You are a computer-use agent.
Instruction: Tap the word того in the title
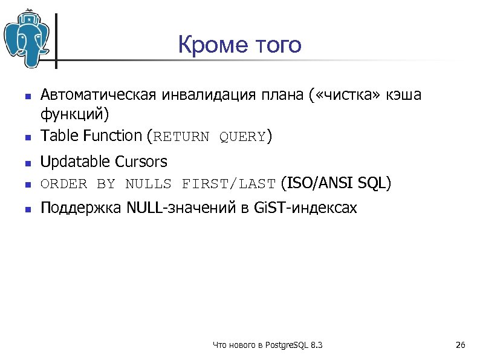point(274,45)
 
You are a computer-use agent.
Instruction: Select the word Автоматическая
point(96,95)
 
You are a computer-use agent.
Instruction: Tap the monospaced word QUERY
point(242,137)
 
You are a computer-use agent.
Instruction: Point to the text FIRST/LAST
point(229,184)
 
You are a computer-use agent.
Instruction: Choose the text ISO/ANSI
point(319,183)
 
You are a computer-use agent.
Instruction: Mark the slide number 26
point(460,345)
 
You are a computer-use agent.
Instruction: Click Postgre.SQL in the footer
point(285,345)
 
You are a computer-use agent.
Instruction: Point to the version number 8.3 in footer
point(316,345)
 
